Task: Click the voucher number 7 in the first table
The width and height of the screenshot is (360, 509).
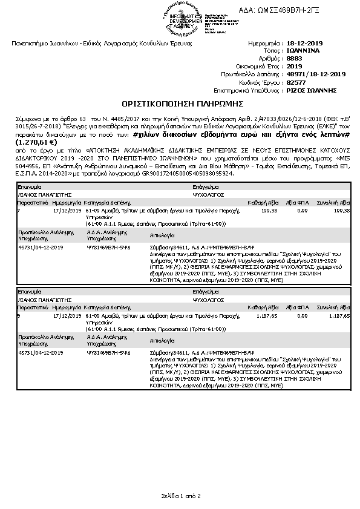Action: tap(19, 210)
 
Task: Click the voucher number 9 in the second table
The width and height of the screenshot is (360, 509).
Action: tap(19, 315)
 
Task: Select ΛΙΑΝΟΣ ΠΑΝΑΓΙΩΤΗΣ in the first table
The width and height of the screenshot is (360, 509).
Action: tap(41, 195)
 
